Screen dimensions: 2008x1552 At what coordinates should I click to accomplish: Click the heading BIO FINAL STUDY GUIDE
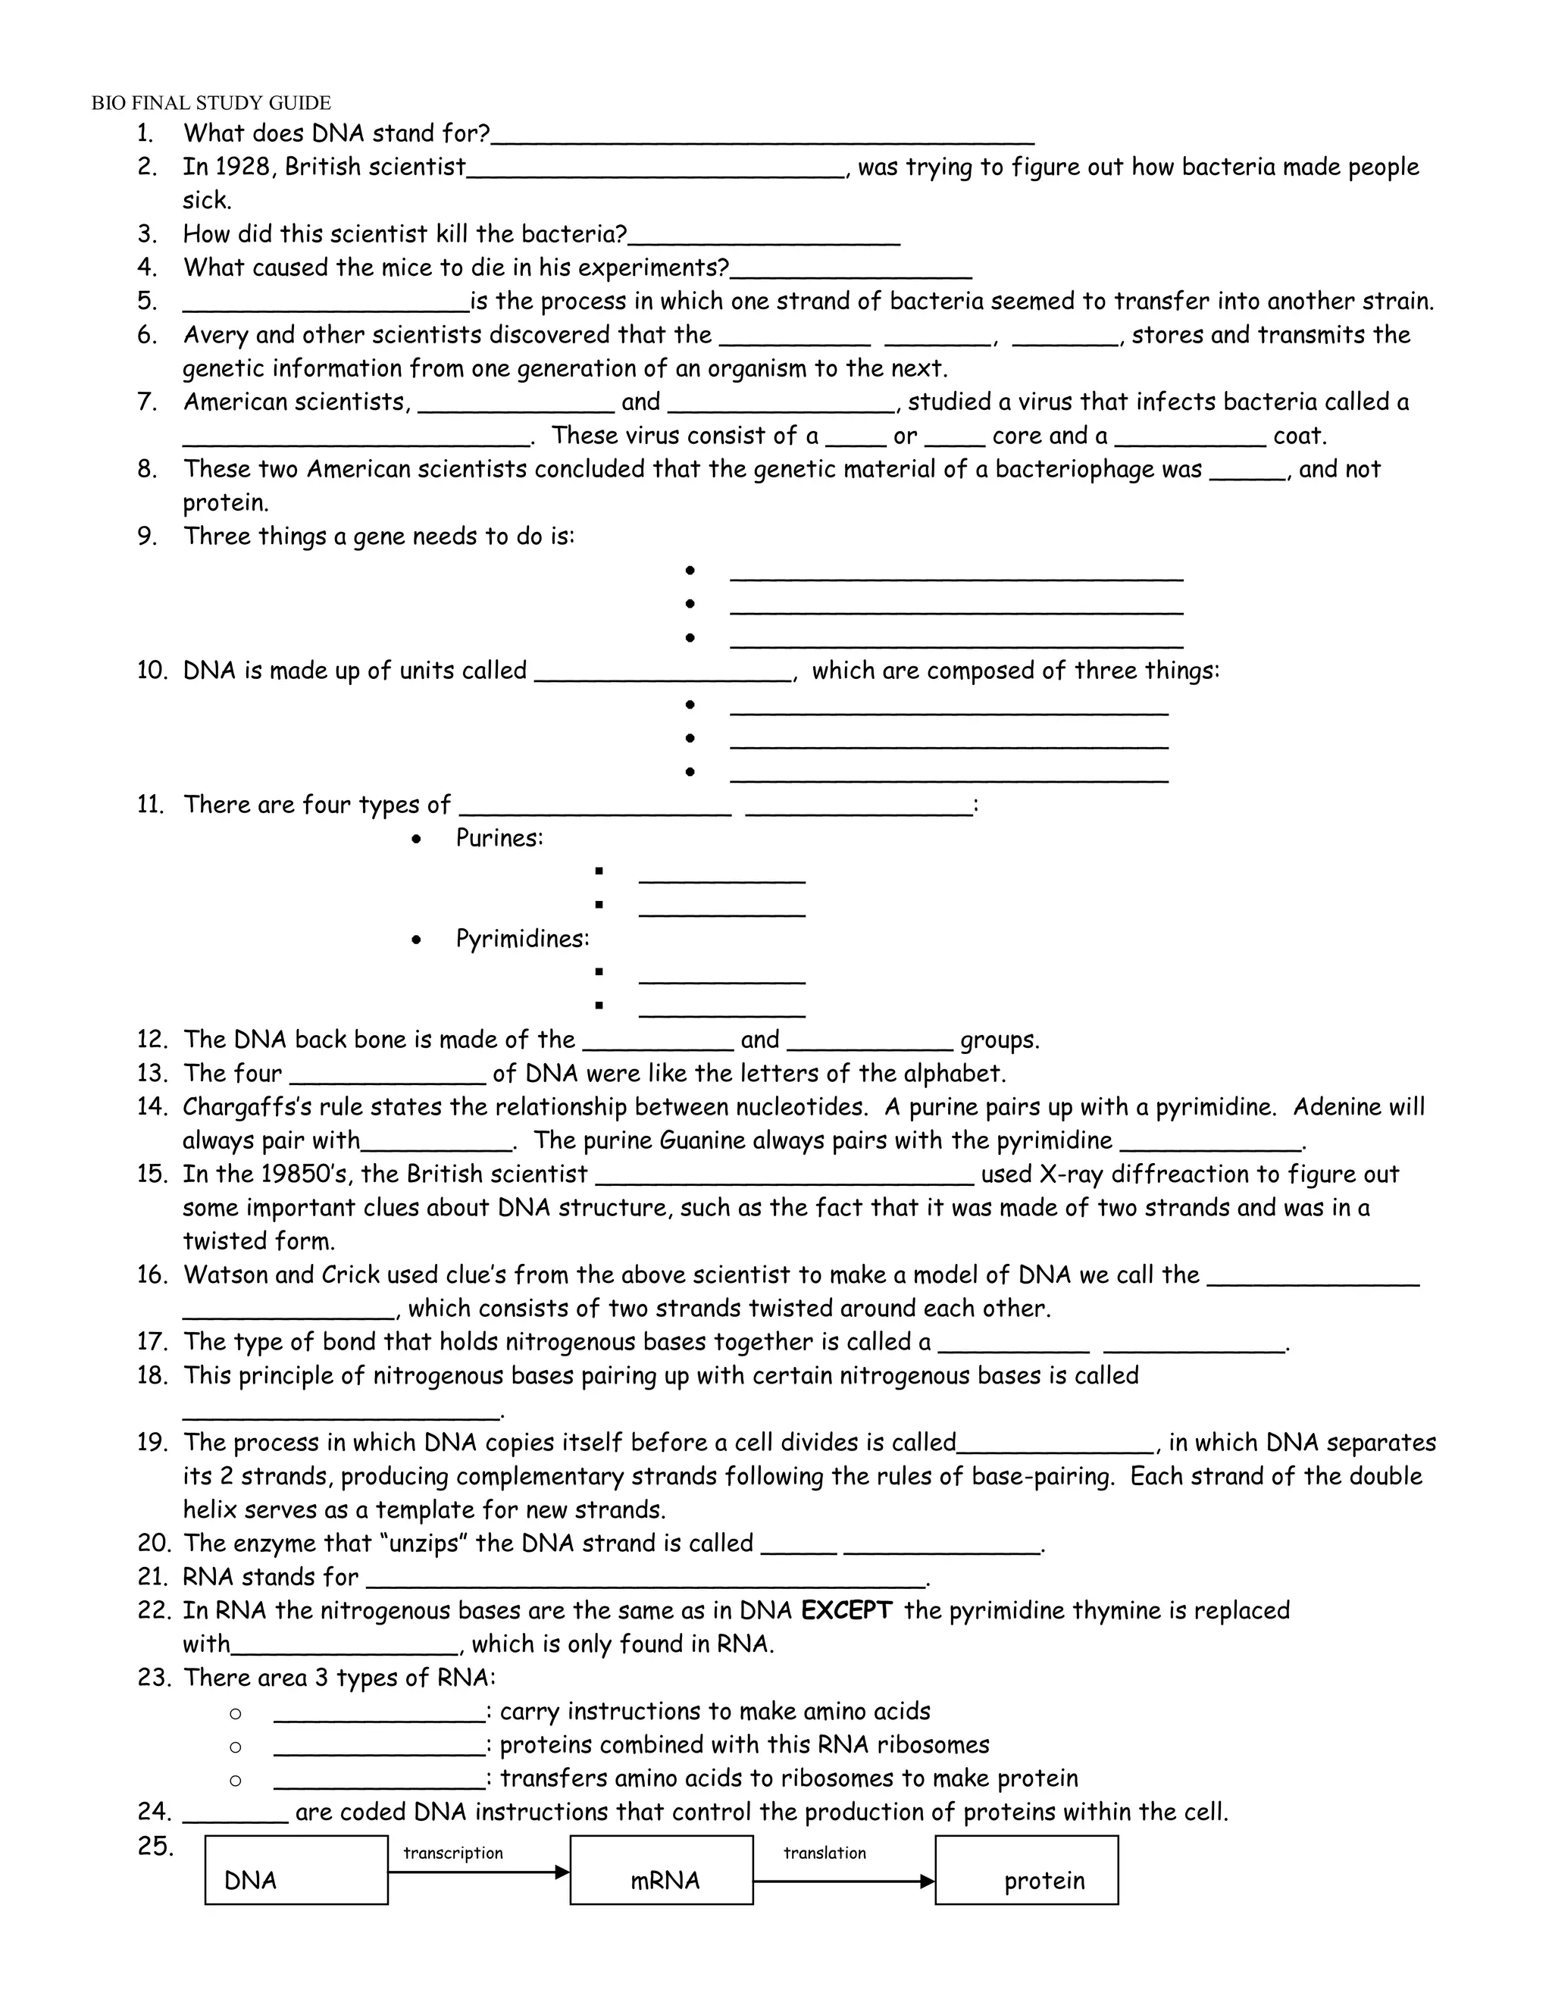click(211, 103)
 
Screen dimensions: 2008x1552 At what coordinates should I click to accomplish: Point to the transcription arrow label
click(453, 1853)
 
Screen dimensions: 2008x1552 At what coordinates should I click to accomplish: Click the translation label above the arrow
click(824, 1853)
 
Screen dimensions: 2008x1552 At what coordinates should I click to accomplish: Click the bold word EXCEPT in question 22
click(846, 1610)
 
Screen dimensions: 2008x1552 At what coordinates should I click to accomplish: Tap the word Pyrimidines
click(522, 939)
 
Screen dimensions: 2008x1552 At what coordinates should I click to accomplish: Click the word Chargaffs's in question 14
click(246, 1106)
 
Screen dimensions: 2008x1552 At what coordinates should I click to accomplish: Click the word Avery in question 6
click(215, 335)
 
